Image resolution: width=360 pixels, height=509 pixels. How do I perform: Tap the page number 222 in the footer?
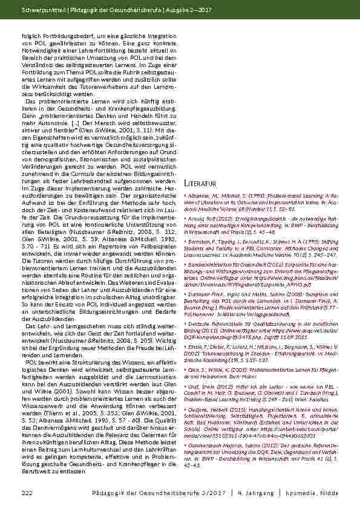(26, 494)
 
